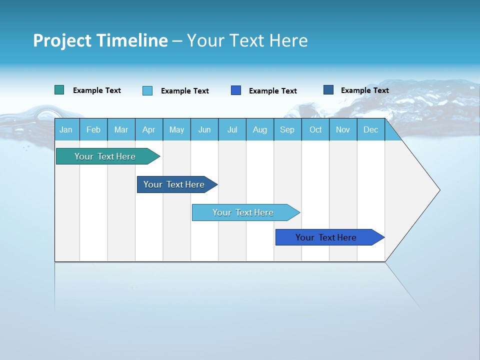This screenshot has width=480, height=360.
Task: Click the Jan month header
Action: [66, 130]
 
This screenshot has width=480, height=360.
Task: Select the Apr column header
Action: [149, 130]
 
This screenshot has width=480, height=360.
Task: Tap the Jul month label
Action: [232, 130]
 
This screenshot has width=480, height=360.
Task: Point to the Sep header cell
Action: [287, 130]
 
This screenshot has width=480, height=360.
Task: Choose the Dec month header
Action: [370, 130]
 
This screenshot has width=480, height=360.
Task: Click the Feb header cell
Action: [93, 130]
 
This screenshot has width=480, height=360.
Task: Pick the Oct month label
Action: [315, 130]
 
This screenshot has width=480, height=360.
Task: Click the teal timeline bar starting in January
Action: [105, 156]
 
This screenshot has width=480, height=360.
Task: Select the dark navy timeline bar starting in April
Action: [174, 184]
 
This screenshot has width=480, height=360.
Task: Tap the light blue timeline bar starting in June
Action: [243, 212]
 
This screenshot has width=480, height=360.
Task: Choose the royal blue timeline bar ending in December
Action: [326, 237]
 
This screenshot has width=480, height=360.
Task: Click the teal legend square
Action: [59, 90]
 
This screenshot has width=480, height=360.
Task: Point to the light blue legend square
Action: [147, 90]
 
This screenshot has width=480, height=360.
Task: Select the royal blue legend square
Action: [236, 90]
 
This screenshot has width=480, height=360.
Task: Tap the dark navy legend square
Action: [328, 90]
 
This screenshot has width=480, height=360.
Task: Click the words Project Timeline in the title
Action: [100, 40]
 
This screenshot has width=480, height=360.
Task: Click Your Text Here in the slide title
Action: [247, 40]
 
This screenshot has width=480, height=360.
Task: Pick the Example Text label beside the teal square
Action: [97, 90]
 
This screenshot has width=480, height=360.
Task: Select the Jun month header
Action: [204, 130]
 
